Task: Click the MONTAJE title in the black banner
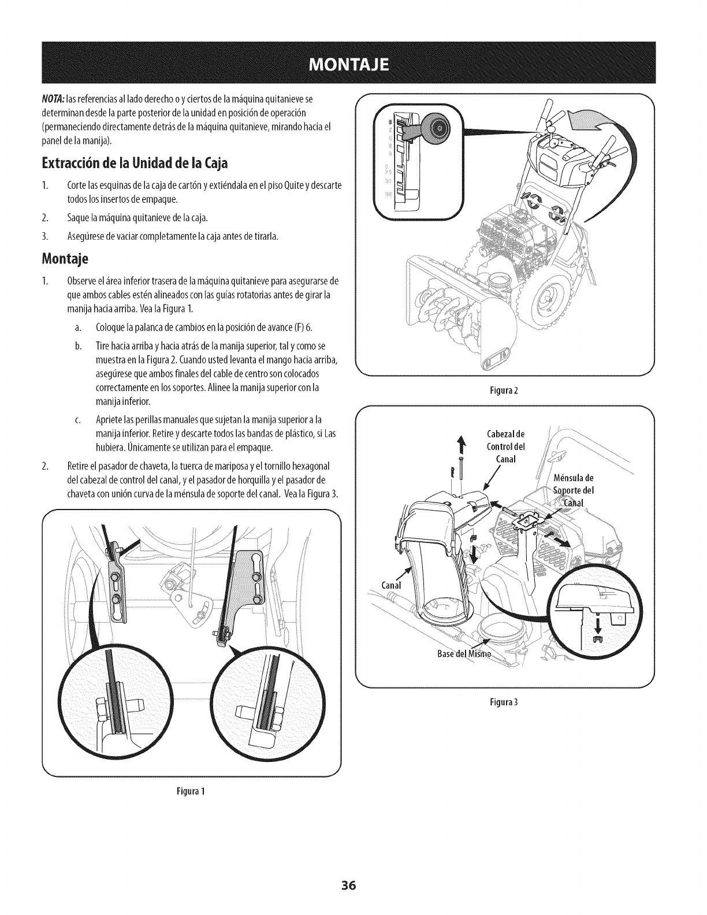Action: coord(353,62)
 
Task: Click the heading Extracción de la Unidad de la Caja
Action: coord(136,163)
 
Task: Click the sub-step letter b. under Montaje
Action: coord(77,345)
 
